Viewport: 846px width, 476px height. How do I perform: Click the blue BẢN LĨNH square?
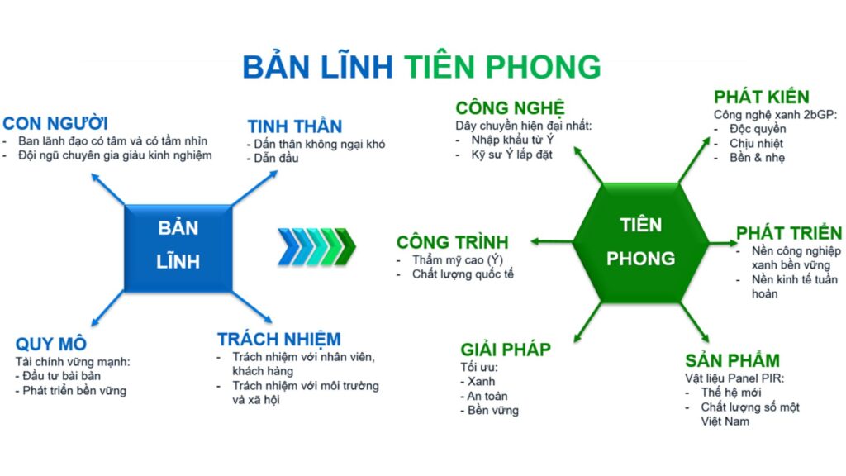click(178, 248)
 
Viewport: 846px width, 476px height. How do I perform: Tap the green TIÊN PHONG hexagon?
click(640, 242)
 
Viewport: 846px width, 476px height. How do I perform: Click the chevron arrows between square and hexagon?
click(316, 246)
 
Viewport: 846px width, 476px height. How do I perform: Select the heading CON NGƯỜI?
click(55, 123)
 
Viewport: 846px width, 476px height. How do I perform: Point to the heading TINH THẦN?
click(295, 126)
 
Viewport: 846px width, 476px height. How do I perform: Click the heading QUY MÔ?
click(50, 344)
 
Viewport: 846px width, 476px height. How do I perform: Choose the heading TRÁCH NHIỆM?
click(279, 339)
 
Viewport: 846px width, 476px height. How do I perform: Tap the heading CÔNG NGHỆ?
click(510, 108)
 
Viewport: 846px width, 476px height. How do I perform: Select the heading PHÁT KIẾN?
click(761, 97)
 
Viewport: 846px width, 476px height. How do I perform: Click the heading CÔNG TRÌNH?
click(452, 242)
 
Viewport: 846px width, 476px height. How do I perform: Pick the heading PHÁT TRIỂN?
click(789, 232)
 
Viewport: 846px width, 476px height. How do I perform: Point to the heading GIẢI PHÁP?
click(506, 350)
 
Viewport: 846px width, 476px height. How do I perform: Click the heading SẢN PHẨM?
click(732, 360)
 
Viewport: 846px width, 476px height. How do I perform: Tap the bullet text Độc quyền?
click(758, 129)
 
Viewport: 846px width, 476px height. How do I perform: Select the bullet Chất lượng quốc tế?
click(463, 274)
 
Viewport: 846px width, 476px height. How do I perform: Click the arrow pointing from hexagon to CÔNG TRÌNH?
click(551, 242)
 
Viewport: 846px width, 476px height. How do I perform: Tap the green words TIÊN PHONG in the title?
click(502, 67)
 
